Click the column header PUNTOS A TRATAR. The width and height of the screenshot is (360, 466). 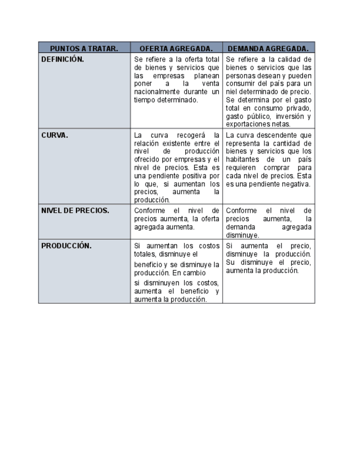click(84, 48)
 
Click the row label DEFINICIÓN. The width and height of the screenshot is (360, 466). click(63, 59)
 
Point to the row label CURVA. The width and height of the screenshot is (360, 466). click(55, 135)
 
